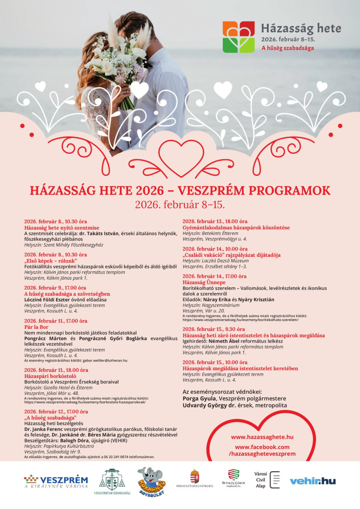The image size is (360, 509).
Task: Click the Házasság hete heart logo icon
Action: click(238, 37)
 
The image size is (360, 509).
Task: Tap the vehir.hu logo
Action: click(312, 481)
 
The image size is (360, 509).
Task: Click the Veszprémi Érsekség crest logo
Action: click(112, 480)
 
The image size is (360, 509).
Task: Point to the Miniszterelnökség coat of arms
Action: click(194, 477)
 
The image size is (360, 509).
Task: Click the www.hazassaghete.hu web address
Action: click(262, 437)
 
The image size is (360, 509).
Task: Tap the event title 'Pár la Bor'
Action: click(36, 327)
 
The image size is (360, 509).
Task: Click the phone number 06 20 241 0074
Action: click(120, 457)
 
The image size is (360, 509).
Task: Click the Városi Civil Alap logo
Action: click(267, 480)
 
